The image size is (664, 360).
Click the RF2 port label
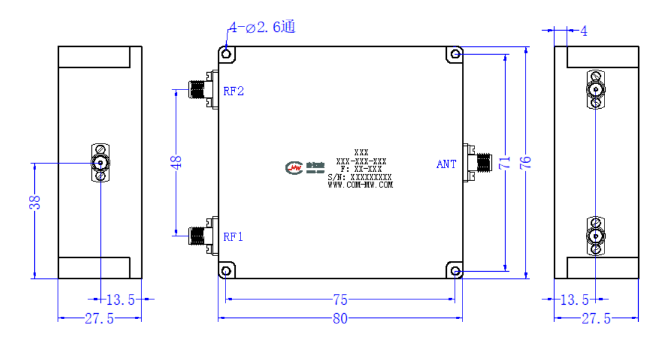(233, 91)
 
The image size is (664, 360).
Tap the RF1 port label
(233, 237)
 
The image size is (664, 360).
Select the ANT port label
(446, 164)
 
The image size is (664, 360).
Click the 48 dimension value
(176, 162)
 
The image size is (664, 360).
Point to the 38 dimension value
(35, 203)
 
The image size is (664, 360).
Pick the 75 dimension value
(340, 300)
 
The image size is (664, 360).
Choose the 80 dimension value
(340, 319)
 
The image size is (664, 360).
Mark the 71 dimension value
(505, 163)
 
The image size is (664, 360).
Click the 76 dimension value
(525, 162)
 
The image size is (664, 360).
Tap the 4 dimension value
(584, 31)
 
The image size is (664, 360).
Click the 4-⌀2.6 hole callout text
(262, 27)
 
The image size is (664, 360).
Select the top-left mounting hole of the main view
(226, 54)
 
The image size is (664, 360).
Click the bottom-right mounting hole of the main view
(455, 271)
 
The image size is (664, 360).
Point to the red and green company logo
(294, 168)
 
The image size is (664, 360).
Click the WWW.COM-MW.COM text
(360, 185)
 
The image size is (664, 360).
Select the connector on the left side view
(100, 162)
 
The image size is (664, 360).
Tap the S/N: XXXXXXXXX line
(360, 177)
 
